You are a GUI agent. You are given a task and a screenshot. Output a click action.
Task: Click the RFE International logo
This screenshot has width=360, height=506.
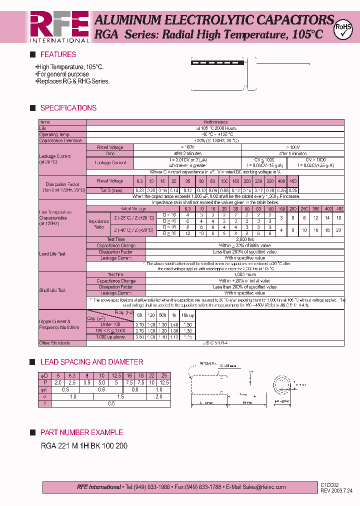pos(59,26)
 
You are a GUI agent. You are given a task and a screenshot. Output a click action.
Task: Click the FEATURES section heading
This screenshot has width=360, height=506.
pos(58,54)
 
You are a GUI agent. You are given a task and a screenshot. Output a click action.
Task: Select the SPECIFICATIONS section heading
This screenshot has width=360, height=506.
pos(68,108)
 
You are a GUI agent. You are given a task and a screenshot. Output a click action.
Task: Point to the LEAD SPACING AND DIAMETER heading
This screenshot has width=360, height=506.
pos(91,362)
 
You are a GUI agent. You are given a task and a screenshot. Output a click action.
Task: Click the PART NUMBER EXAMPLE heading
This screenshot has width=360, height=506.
pos(81,432)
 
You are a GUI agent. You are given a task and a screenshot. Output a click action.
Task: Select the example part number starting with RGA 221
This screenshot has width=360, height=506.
pos(83,445)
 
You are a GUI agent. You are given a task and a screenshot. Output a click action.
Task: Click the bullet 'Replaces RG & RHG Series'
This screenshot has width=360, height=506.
pos(72,81)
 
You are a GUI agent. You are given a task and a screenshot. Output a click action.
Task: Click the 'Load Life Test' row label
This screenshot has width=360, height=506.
pos(52,253)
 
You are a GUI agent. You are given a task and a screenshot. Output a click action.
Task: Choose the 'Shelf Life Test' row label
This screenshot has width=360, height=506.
pos(53,290)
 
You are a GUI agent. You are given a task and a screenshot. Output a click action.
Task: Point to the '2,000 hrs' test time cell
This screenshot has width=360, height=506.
pos(244,239)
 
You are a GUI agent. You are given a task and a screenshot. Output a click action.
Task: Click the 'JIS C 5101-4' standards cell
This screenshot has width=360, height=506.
pos(216,343)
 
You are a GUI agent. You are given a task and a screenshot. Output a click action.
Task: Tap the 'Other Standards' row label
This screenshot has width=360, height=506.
pos(54,343)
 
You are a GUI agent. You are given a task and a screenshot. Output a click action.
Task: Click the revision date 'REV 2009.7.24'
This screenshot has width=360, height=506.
pos(336,490)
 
